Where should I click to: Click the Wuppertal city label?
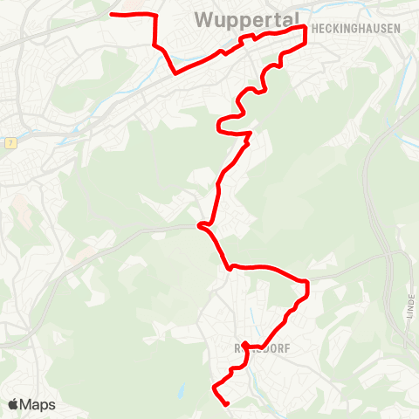(x=246, y=18)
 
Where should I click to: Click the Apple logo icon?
(x=13, y=405)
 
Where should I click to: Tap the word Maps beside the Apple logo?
(x=38, y=405)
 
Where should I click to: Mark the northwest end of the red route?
(x=112, y=14)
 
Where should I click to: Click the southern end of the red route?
(x=226, y=404)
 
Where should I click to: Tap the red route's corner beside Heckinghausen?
(x=306, y=28)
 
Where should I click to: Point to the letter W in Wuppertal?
(x=203, y=18)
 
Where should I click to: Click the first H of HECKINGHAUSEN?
(x=313, y=29)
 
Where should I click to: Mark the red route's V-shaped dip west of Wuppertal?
(x=175, y=73)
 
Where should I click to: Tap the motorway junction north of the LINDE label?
(x=403, y=256)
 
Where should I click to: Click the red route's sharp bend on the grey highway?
(x=201, y=226)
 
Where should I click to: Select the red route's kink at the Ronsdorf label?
(x=245, y=345)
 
